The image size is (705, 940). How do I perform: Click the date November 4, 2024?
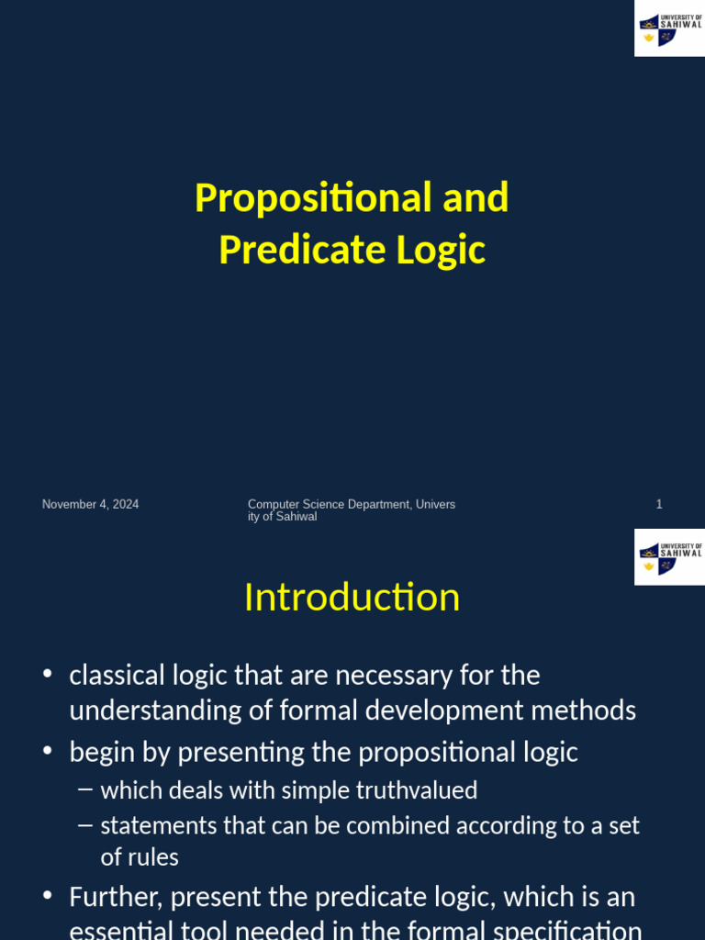coord(90,504)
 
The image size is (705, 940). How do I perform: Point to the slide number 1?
coord(659,504)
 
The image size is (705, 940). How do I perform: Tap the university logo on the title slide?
coord(669,28)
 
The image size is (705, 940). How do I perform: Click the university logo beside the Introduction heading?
coord(669,556)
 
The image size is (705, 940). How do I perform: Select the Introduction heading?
coord(352,598)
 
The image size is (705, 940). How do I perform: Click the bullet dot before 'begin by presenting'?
coord(48,752)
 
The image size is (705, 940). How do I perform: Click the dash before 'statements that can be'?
coord(85,825)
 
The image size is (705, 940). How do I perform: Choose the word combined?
coord(382,825)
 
